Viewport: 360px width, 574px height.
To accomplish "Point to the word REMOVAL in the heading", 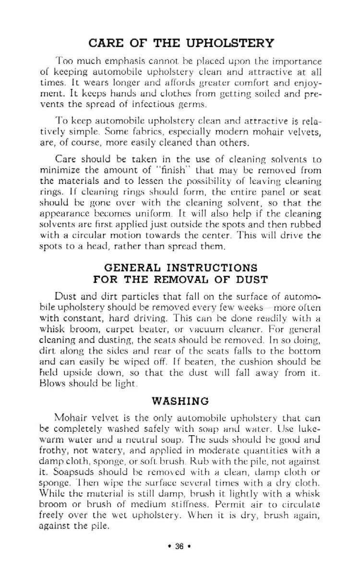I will (180, 280).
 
